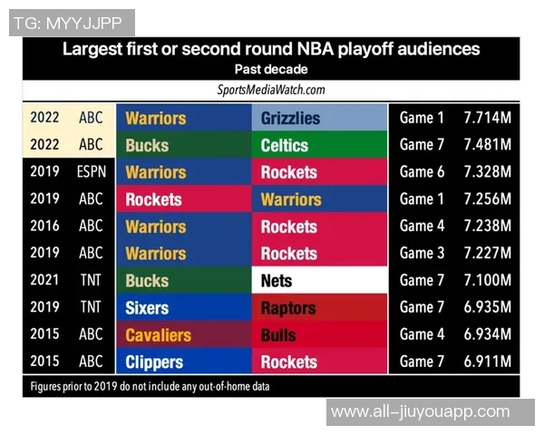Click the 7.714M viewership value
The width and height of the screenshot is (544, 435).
487,119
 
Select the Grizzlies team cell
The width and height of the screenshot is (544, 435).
319,119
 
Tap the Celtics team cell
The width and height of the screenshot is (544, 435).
319,146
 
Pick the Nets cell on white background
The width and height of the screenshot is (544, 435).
319,281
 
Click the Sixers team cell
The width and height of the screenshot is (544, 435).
184,308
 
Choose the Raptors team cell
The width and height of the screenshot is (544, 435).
319,308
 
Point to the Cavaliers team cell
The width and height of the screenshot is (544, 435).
184,335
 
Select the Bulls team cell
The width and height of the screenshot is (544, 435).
319,335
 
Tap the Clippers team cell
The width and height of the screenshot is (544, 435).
184,362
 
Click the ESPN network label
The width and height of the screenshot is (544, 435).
91,172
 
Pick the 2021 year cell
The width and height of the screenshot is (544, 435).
44,281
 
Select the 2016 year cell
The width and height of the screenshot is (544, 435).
44,227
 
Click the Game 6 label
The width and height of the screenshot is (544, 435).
423,172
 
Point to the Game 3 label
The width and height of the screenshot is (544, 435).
423,254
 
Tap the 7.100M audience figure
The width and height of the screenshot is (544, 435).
487,281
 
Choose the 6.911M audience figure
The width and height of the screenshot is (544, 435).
487,362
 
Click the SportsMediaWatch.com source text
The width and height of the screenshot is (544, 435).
271,90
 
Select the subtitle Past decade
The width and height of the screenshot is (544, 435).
271,70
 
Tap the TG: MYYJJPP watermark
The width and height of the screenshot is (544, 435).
71,23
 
